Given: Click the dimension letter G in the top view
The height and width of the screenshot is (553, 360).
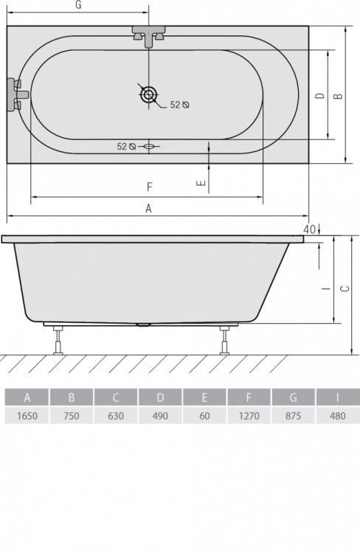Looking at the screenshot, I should pyautogui.click(x=78, y=6).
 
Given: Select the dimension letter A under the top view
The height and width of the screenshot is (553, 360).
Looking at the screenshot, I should pyautogui.click(x=148, y=209).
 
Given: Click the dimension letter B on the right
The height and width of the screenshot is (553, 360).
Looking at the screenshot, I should pyautogui.click(x=336, y=96).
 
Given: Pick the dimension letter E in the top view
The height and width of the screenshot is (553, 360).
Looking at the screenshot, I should pyautogui.click(x=201, y=184).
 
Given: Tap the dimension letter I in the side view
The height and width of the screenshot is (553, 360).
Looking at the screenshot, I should pyautogui.click(x=325, y=289).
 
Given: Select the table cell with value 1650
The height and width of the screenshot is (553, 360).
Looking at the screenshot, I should pyautogui.click(x=27, y=416).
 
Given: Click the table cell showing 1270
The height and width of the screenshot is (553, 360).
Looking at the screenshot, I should pyautogui.click(x=249, y=416).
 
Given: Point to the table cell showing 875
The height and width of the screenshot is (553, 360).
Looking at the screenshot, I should pyautogui.click(x=293, y=416).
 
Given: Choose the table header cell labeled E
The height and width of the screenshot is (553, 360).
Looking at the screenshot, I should pyautogui.click(x=204, y=398).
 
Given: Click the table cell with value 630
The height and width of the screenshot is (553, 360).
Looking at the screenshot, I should pyautogui.click(x=116, y=416).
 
